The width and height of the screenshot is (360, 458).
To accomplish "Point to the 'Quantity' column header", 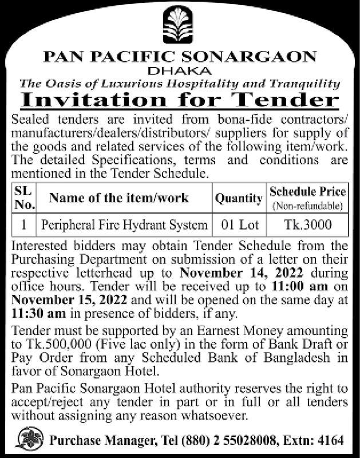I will [x=239, y=199].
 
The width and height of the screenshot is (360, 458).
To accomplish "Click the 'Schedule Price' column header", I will [x=307, y=192].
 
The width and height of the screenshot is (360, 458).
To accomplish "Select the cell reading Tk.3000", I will [x=307, y=225].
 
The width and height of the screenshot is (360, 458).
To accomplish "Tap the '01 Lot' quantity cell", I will [x=239, y=225].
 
